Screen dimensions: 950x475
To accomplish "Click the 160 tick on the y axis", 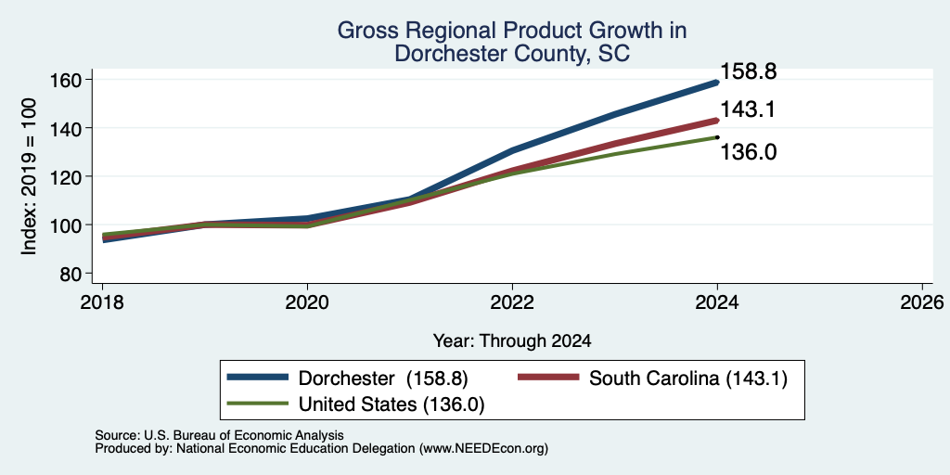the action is coord(72,80).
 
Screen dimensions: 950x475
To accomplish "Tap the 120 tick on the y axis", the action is coord(72,176).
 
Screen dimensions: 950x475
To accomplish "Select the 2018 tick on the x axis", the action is coord(102,302).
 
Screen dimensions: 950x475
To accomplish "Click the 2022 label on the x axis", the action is coord(512,302).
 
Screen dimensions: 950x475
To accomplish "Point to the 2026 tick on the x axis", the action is coord(922,302).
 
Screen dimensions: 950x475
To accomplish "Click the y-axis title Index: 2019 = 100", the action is coord(30,176).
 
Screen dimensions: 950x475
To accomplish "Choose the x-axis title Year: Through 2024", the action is coord(512,341).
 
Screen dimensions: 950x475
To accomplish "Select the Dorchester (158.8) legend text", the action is coord(383,379).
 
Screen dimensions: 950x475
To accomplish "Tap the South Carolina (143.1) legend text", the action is coord(688,379).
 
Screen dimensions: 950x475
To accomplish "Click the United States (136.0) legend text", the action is coord(392,404).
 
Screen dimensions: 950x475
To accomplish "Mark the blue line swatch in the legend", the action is coord(258,378).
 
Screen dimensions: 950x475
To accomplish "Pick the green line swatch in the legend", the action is coord(258,403).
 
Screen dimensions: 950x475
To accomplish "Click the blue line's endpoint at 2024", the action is coord(717,83).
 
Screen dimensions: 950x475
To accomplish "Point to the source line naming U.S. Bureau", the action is coord(219,435).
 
